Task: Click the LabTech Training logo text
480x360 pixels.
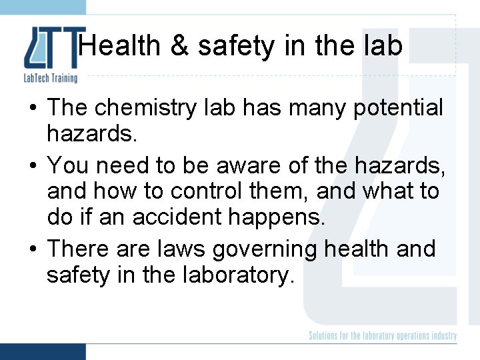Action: click(50, 79)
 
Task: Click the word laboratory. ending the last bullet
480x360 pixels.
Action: click(237, 275)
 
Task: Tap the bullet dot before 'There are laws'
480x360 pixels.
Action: click(33, 249)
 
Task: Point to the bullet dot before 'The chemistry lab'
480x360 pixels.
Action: click(33, 107)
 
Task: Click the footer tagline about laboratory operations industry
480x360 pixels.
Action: click(383, 335)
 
